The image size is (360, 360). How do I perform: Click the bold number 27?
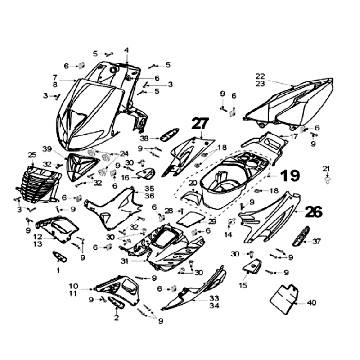[x=202, y=124]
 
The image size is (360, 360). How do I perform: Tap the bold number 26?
[x=313, y=212]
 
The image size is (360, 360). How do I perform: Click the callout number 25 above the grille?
[x=32, y=156]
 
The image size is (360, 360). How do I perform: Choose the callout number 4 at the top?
[x=127, y=51]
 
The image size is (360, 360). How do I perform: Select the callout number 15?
[x=244, y=285]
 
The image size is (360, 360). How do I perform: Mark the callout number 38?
[x=144, y=137]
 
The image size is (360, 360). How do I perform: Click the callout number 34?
[x=212, y=306]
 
